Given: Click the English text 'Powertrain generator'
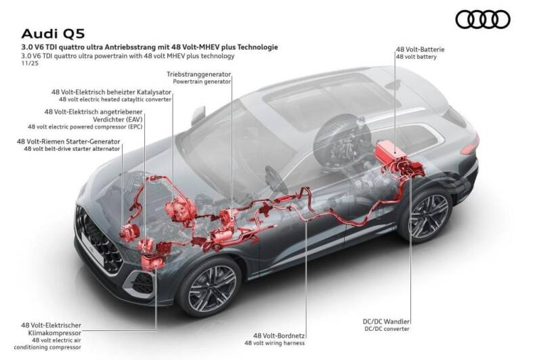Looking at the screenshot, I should pos(202,81).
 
